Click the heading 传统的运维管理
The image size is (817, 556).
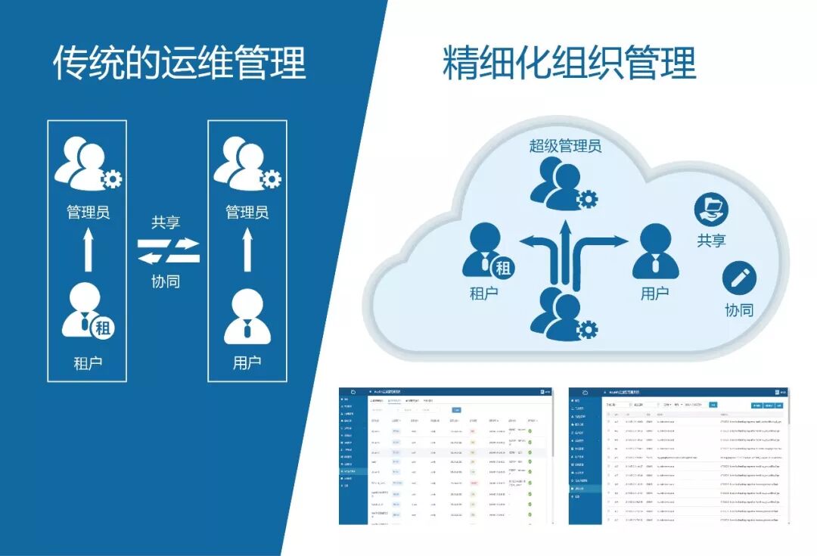pyautogui.click(x=179, y=64)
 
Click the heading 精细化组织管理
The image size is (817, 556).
pyautogui.click(x=569, y=64)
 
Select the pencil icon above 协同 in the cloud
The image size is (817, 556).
pyautogui.click(x=739, y=278)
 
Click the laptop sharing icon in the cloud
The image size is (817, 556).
pyautogui.click(x=711, y=209)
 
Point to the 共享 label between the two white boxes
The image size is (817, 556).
pyautogui.click(x=166, y=222)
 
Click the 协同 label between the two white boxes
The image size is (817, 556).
pyautogui.click(x=166, y=282)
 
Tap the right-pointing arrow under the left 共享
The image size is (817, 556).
pyautogui.click(x=178, y=244)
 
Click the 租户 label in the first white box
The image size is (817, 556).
pyautogui.click(x=88, y=362)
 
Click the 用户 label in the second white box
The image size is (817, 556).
pyautogui.click(x=247, y=362)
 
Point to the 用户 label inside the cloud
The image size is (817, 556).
pyautogui.click(x=655, y=294)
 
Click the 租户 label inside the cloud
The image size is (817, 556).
pyautogui.click(x=484, y=294)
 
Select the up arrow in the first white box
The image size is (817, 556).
pyautogui.click(x=88, y=250)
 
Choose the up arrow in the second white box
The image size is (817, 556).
pyautogui.click(x=247, y=250)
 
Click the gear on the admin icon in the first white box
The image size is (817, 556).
pyautogui.click(x=111, y=179)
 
